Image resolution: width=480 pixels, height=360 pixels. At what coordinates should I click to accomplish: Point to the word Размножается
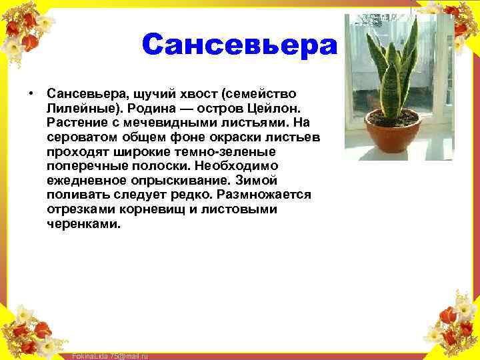click(263, 195)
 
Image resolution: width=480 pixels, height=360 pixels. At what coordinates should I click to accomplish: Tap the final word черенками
click(84, 224)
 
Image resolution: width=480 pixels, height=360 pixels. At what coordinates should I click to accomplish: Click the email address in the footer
click(110, 356)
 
